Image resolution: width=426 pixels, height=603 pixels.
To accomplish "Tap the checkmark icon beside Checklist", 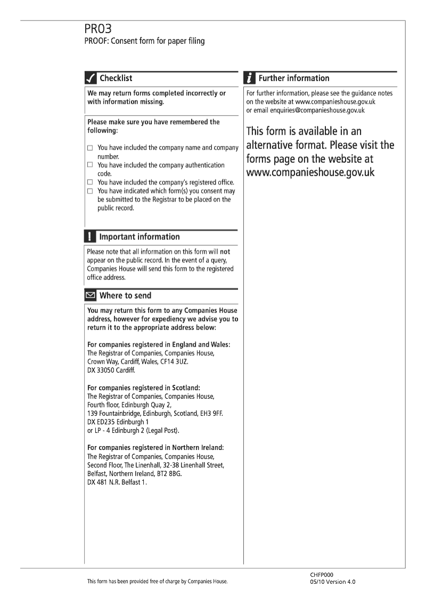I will pyautogui.click(x=91, y=78).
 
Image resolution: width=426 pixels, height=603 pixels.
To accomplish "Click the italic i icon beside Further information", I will pyautogui.click(x=250, y=78).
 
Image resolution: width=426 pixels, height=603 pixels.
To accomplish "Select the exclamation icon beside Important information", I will pyautogui.click(x=91, y=237).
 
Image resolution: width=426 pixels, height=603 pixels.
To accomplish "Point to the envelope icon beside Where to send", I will pyautogui.click(x=91, y=295).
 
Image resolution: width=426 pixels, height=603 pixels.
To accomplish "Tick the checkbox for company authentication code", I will pyautogui.click(x=90, y=165).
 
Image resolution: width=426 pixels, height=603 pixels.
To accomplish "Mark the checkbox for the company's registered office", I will pyautogui.click(x=90, y=182).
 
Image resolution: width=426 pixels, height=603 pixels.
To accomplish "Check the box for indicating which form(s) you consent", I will pyautogui.click(x=90, y=191).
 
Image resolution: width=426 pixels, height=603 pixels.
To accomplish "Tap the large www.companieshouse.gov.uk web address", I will pyautogui.click(x=310, y=173).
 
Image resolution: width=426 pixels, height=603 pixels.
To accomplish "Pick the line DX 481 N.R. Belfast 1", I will pyautogui.click(x=117, y=482).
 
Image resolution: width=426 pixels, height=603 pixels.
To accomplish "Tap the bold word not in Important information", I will pyautogui.click(x=225, y=251).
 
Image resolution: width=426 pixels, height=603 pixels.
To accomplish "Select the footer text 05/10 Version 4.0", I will pyautogui.click(x=332, y=582).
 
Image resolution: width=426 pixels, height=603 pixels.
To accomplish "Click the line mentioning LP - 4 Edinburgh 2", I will pyautogui.click(x=133, y=430).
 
